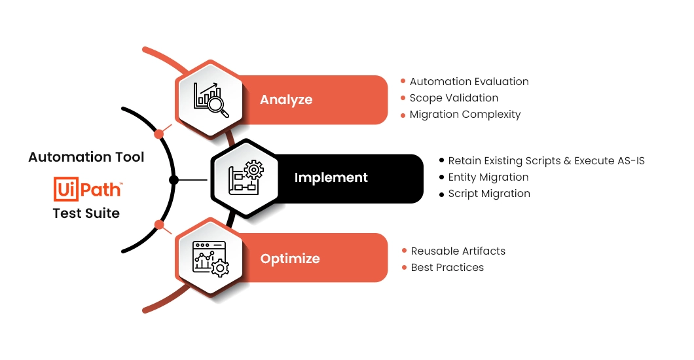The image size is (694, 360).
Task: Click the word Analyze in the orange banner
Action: click(286, 100)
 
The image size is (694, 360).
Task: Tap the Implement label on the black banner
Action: click(331, 178)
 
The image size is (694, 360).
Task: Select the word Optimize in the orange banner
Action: click(290, 259)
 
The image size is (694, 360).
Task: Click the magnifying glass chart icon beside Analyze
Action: click(211, 100)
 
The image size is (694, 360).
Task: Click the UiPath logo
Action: click(88, 189)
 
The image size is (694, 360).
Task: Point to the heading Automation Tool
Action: click(86, 157)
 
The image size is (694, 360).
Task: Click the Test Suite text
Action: click(86, 213)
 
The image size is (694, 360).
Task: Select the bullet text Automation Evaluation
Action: click(469, 81)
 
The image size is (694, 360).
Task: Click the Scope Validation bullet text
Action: click(454, 98)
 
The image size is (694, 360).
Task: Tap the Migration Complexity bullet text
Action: click(465, 114)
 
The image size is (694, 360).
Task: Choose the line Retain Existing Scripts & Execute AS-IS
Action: click(546, 160)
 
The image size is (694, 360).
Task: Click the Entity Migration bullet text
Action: click(488, 177)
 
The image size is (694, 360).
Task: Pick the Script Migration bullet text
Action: click(489, 193)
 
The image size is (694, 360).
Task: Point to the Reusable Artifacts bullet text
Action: click(458, 251)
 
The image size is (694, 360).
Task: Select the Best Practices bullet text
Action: click(447, 267)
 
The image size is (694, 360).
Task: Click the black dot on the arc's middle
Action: click(174, 180)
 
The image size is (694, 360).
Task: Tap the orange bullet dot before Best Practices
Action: click(404, 267)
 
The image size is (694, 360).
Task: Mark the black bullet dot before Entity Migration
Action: click(441, 177)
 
